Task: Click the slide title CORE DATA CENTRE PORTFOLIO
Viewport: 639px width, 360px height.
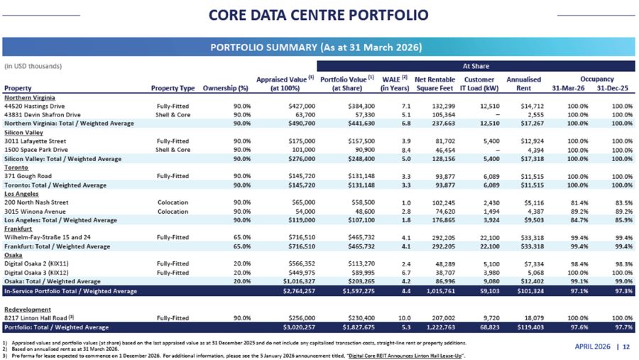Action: pos(319,15)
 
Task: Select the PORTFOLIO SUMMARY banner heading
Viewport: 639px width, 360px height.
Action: pos(319,48)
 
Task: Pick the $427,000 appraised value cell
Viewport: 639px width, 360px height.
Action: pos(299,105)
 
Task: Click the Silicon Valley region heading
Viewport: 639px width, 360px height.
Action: pos(23,133)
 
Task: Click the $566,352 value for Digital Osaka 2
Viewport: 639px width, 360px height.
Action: pos(299,263)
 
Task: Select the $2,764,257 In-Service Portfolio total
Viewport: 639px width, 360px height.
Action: pos(299,291)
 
